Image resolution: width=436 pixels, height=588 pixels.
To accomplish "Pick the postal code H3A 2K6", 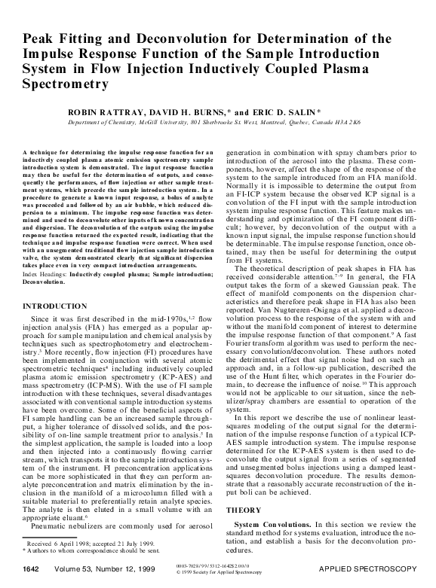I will tap(345, 120).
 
